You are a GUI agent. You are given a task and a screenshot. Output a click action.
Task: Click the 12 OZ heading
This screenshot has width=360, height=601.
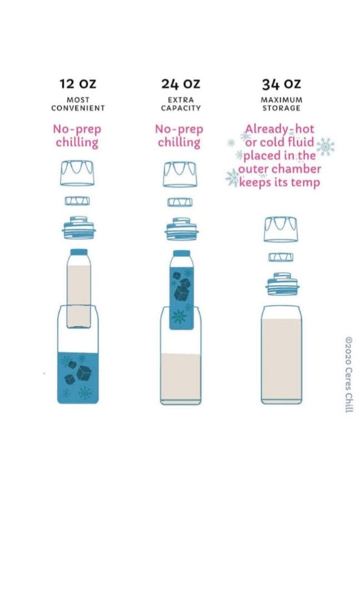[x=77, y=84]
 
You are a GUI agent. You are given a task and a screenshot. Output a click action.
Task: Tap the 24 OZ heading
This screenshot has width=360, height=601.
[x=180, y=84]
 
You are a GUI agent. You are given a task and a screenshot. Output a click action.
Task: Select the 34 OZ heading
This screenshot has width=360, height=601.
[x=281, y=84]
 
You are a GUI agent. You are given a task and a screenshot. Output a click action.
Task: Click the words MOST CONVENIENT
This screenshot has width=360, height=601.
[x=78, y=104]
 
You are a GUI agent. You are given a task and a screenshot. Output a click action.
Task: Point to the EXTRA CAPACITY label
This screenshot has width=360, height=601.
[x=180, y=104]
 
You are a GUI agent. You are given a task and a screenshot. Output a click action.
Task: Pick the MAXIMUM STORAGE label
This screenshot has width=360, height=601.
[x=281, y=104]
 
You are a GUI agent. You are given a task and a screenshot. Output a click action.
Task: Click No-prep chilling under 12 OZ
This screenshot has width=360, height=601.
[x=77, y=136]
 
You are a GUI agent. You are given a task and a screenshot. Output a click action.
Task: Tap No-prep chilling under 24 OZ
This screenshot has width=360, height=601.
[x=179, y=136]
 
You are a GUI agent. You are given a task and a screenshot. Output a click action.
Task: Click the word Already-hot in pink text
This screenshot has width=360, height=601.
[x=272, y=129]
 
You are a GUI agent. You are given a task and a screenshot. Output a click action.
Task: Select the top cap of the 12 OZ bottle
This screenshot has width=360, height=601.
[x=78, y=173]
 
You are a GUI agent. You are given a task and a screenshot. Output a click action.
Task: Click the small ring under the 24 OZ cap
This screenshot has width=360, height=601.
[x=180, y=201]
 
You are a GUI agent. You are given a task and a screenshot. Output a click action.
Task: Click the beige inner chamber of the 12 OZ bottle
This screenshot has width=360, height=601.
[x=78, y=295]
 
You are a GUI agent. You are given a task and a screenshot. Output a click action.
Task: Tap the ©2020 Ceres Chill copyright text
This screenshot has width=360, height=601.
[x=349, y=373]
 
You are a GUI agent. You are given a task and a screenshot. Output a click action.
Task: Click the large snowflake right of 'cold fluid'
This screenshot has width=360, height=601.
[x=326, y=147]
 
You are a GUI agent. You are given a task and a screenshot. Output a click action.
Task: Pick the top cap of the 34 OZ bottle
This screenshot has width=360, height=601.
[x=281, y=229]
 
